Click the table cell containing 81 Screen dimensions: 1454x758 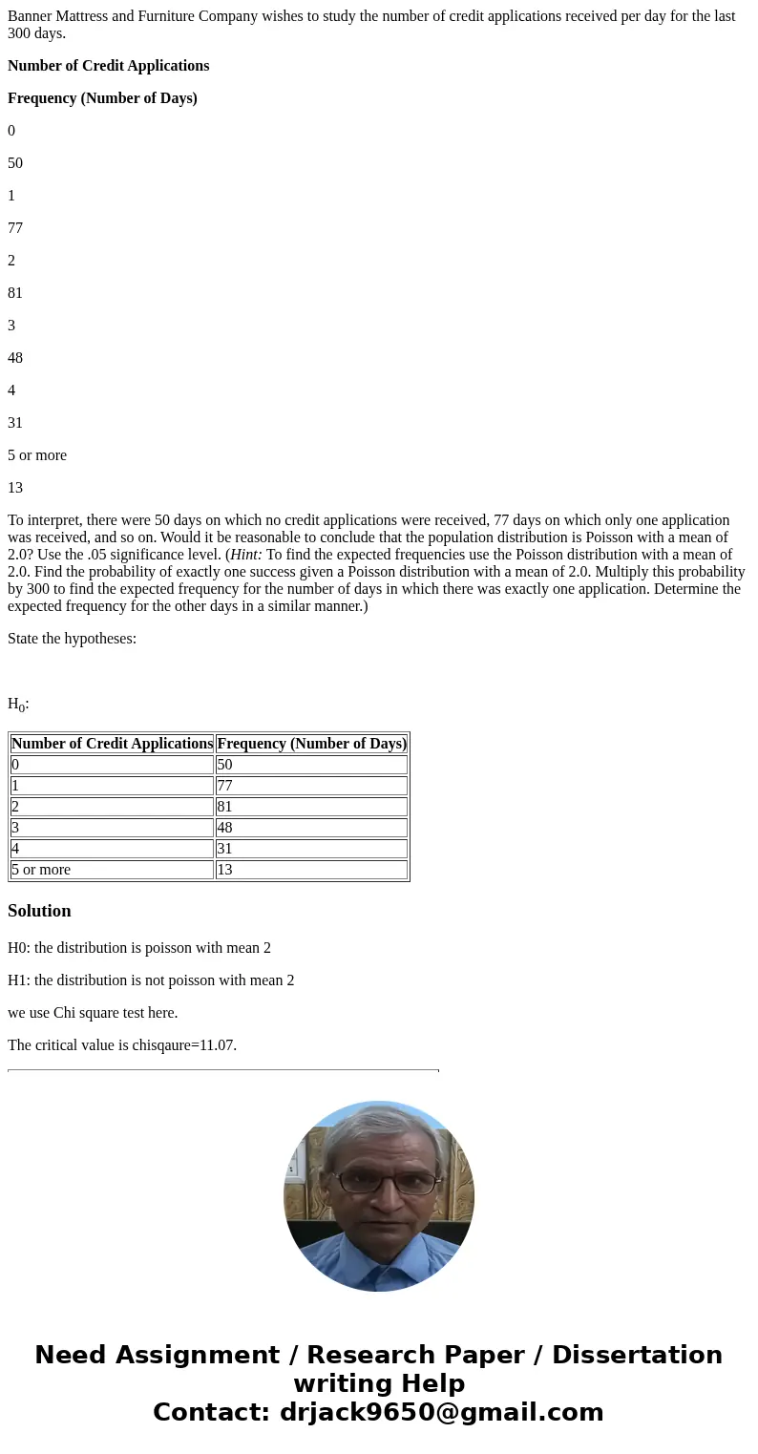pos(311,807)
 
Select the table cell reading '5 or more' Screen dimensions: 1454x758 pos(112,870)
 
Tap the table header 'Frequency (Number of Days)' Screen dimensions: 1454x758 pos(311,744)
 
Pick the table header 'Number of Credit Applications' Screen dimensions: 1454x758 pos(112,744)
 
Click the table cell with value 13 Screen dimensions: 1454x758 pos(311,870)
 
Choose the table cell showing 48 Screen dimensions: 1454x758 pos(311,828)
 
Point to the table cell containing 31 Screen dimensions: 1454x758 pos(311,849)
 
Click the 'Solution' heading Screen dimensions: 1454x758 pos(39,911)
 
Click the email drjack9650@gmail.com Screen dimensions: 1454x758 pos(442,1413)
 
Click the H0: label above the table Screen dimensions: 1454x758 pos(18,705)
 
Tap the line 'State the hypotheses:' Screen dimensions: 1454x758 pos(72,639)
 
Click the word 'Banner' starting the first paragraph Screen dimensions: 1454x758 pos(31,16)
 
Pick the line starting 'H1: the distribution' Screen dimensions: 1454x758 pos(151,980)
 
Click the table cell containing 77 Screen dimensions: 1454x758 pos(311,786)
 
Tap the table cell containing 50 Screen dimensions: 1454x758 pos(311,765)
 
